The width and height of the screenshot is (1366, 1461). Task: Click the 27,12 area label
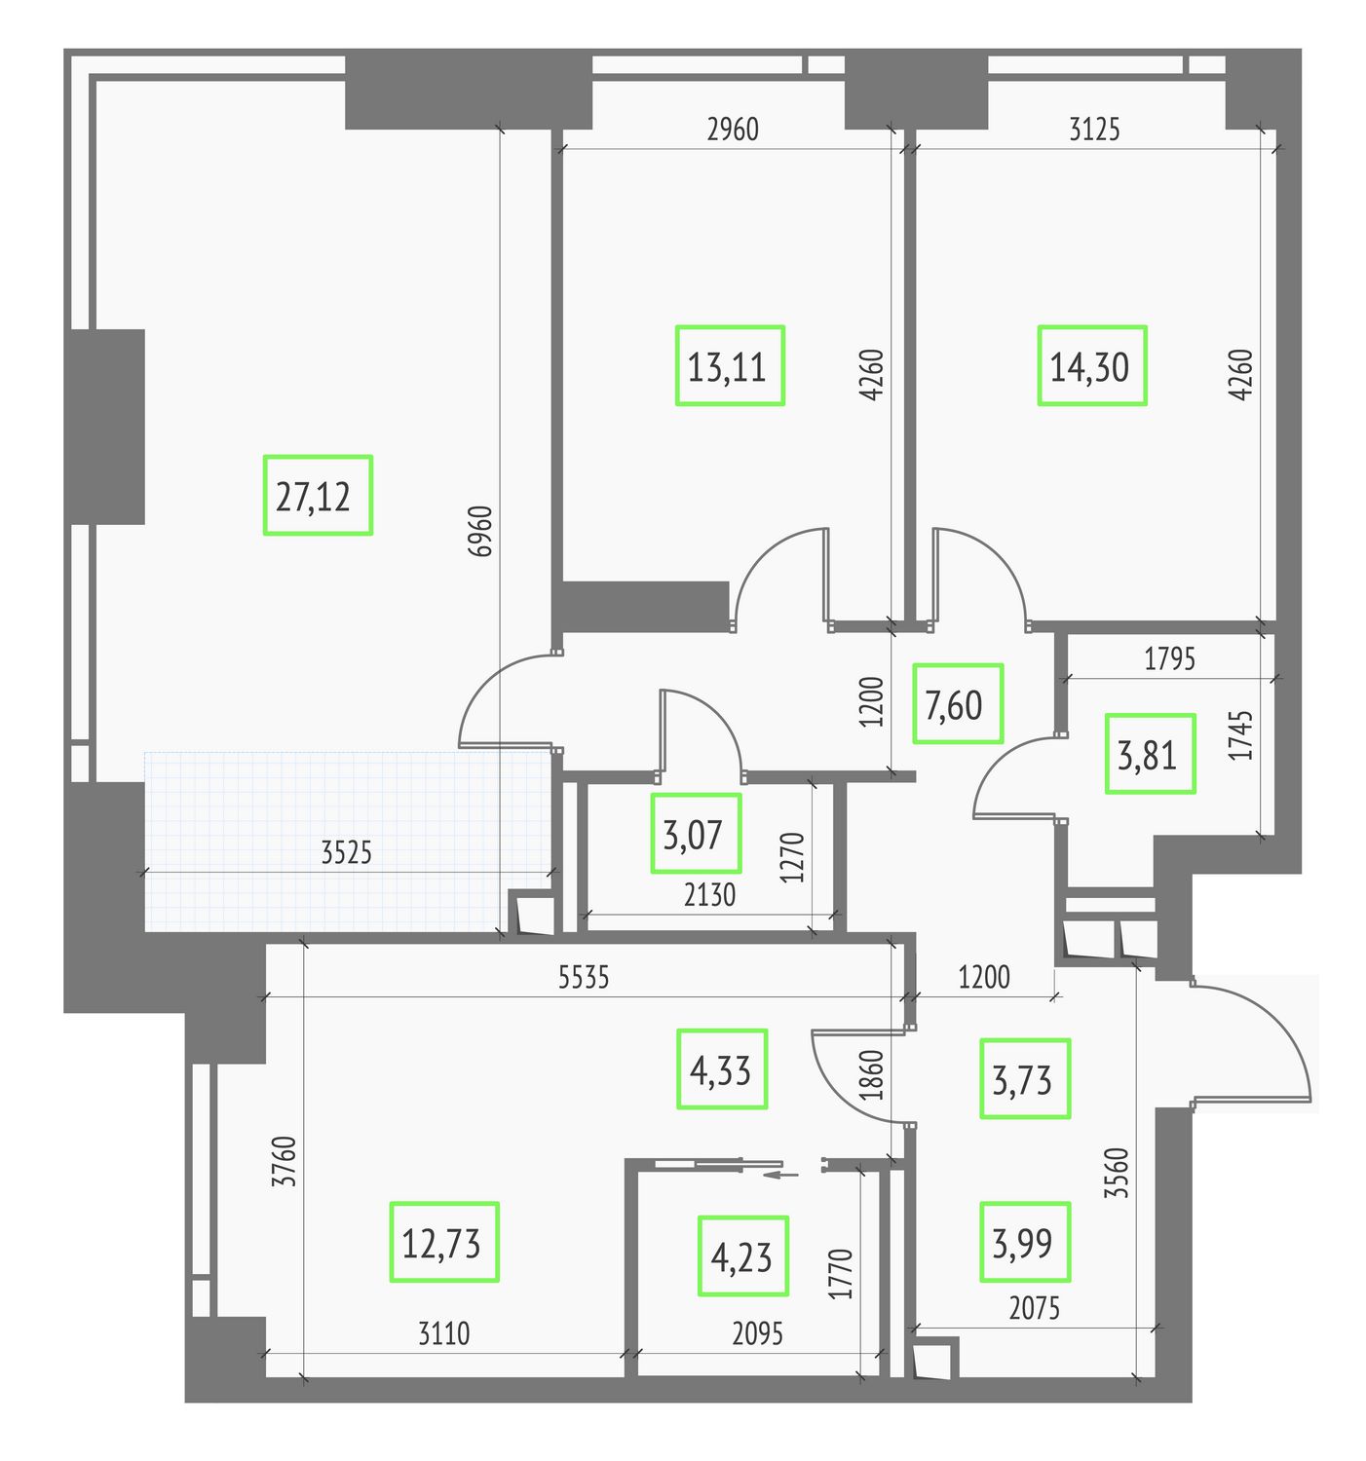pyautogui.click(x=318, y=495)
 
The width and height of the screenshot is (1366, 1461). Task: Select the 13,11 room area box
pyautogui.click(x=730, y=365)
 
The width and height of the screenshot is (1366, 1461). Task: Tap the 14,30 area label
pyautogui.click(x=1091, y=365)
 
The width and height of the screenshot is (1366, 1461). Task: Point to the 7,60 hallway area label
pyautogui.click(x=958, y=704)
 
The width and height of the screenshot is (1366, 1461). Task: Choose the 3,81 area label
pyautogui.click(x=1150, y=754)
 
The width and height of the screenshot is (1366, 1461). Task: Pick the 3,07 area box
pyautogui.click(x=696, y=834)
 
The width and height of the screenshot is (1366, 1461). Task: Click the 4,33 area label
pyautogui.click(x=722, y=1068)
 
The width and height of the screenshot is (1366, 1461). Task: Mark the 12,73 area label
pyautogui.click(x=444, y=1243)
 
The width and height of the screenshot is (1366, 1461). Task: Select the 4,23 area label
pyautogui.click(x=743, y=1255)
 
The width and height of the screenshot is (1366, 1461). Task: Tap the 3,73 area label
pyautogui.click(x=1025, y=1079)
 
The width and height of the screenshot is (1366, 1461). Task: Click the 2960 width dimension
pyautogui.click(x=733, y=130)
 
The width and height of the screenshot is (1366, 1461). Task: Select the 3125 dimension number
pyautogui.click(x=1094, y=130)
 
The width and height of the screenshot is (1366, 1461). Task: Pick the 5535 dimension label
pyautogui.click(x=584, y=978)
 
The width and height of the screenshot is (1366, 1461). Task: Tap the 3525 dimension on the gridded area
pyautogui.click(x=347, y=852)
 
